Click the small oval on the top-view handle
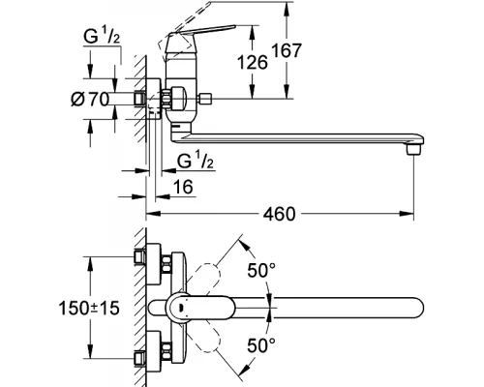(181, 308)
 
